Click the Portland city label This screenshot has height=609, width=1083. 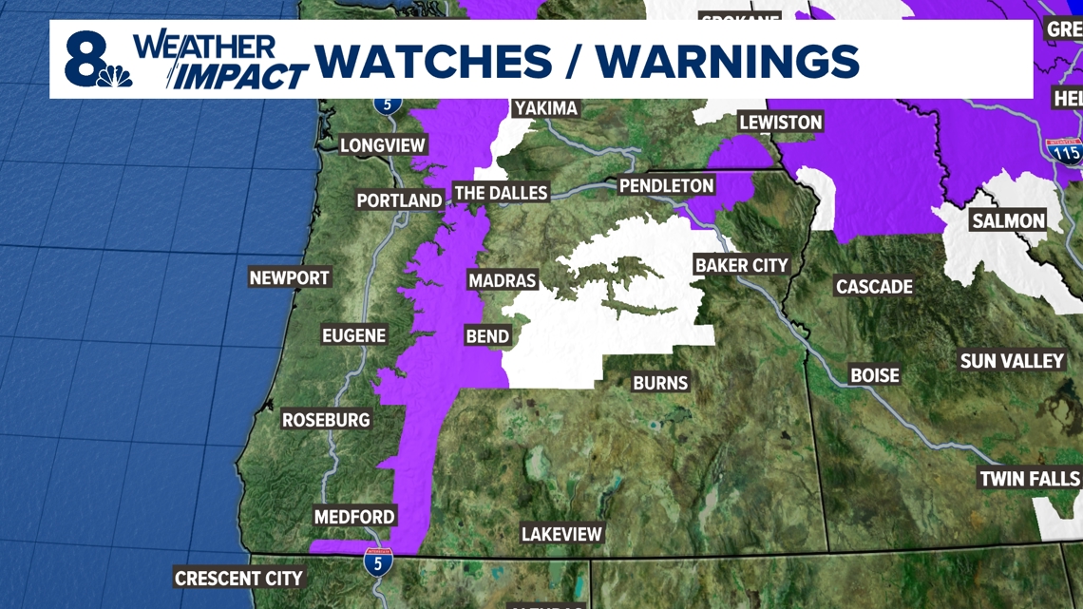399,200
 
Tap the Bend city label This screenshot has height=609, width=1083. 487,335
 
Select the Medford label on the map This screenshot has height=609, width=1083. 354,517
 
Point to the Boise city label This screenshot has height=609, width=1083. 874,375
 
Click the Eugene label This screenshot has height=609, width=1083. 353,335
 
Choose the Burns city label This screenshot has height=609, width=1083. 660,382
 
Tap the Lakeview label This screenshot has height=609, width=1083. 561,534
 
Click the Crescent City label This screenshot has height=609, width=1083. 238,578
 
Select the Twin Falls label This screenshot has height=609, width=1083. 1029,478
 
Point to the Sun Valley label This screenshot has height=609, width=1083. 1012,361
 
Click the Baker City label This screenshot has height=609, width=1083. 742,265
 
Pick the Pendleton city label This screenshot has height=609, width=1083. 666,185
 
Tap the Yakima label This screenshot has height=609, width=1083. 545,107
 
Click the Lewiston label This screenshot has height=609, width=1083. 780,122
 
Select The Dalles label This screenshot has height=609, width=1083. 501,193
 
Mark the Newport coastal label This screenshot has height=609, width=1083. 289,277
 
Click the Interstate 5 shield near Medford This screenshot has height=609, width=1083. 377,562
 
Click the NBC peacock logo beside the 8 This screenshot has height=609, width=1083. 115,75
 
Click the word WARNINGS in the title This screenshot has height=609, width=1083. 728,62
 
